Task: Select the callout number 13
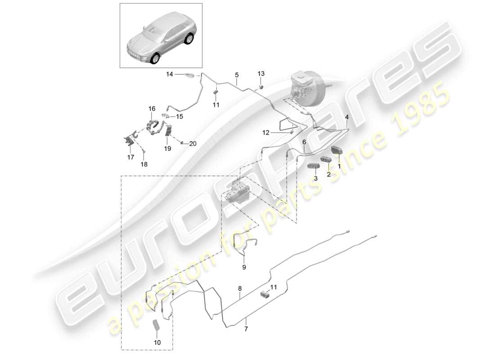pyautogui.click(x=261, y=73)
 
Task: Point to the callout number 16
pyautogui.click(x=152, y=108)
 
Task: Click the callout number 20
pyautogui.click(x=193, y=144)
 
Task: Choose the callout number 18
pyautogui.click(x=144, y=164)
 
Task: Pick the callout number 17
pyautogui.click(x=130, y=157)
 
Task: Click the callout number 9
pyautogui.click(x=244, y=266)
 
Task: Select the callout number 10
pyautogui.click(x=157, y=342)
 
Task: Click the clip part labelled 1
pyautogui.click(x=337, y=150)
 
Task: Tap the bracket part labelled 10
pyautogui.click(x=157, y=326)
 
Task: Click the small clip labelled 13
pyautogui.click(x=261, y=86)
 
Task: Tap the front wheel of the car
pyautogui.click(x=156, y=58)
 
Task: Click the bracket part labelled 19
pyautogui.click(x=169, y=130)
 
